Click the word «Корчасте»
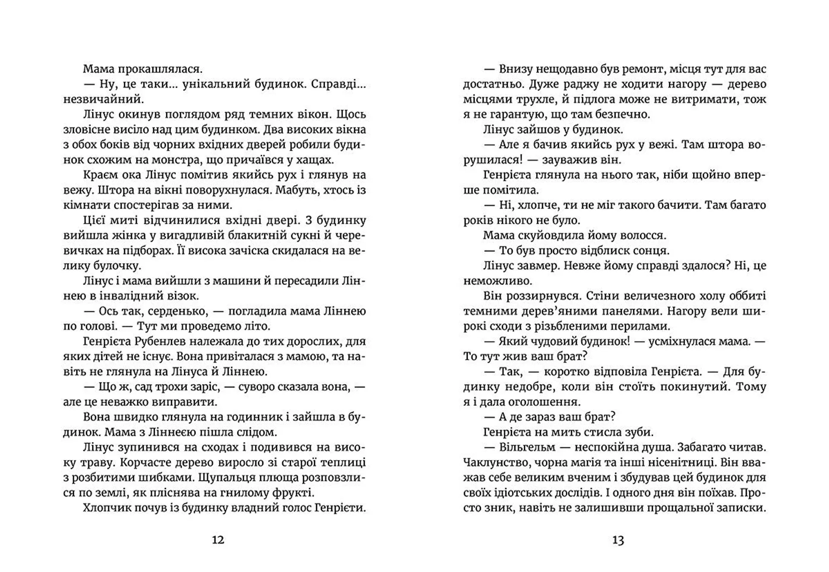[146, 462]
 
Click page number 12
[218, 540]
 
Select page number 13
[618, 540]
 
